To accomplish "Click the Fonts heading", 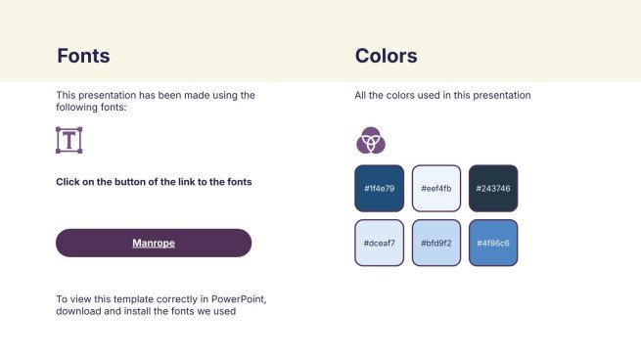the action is point(83,56).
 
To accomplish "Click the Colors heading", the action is point(386,56).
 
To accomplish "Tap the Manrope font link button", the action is point(154,243).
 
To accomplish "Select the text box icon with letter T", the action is point(69,140).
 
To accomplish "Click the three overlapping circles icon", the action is point(371,140).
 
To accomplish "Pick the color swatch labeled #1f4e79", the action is point(380,189).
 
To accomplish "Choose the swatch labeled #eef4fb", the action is point(436,189).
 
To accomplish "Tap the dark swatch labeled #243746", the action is point(493,189).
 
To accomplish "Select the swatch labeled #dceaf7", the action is point(380,244).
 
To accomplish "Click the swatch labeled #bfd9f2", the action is point(436,244).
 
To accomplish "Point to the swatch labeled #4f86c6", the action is point(493,244).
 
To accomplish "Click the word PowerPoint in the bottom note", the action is point(239,299).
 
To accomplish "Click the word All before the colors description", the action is point(360,95).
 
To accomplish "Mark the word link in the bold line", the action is point(186,182).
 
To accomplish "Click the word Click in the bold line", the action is point(68,182).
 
